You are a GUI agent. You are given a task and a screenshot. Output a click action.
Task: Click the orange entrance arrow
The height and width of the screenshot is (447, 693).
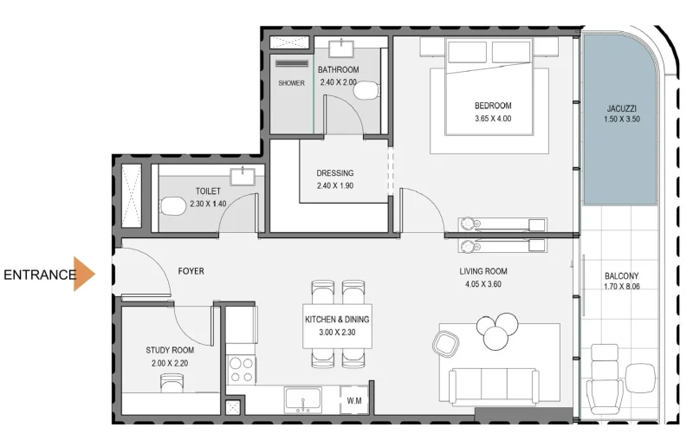84,274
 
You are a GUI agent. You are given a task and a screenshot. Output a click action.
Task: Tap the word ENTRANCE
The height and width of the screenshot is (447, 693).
39,275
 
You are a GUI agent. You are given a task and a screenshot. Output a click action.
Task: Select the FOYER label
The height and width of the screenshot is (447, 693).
191,271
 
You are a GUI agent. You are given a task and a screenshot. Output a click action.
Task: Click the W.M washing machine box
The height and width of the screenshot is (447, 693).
353,400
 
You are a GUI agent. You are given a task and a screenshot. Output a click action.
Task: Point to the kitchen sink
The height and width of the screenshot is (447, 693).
303,400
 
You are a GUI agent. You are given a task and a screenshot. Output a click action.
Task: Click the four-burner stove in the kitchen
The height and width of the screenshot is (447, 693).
241,369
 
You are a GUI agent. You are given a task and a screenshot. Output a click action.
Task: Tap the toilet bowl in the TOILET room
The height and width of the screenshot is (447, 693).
173,206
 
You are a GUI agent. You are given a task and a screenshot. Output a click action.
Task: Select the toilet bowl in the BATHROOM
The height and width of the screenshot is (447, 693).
368,91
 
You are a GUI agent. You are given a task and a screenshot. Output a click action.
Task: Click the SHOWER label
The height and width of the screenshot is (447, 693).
291,83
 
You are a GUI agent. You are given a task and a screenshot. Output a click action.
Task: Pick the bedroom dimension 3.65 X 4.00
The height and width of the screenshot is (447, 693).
493,119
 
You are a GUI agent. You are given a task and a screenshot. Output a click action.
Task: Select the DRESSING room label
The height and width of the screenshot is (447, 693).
334,172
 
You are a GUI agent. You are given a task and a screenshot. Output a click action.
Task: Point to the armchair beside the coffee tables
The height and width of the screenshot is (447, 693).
445,345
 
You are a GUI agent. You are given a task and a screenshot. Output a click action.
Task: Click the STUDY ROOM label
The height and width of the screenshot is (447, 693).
170,350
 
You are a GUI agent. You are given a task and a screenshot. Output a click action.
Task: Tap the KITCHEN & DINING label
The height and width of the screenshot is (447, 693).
337,320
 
